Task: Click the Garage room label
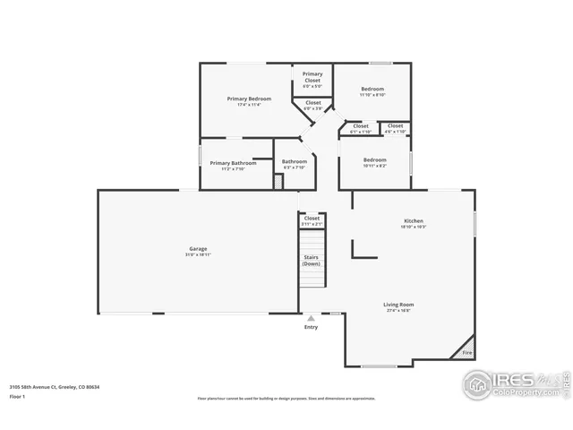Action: click(x=198, y=248)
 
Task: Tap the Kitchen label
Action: click(x=413, y=220)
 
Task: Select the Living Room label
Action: click(x=400, y=304)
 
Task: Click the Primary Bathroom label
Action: click(x=232, y=163)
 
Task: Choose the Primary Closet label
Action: click(x=312, y=77)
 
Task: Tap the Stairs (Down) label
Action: click(x=312, y=261)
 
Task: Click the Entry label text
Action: click(x=311, y=327)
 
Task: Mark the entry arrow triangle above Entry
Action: click(x=311, y=318)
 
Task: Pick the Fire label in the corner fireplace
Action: click(x=466, y=353)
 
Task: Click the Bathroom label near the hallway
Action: click(x=295, y=161)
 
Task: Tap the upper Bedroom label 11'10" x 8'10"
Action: click(x=372, y=89)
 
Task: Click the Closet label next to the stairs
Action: click(x=312, y=218)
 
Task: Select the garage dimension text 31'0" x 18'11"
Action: click(x=198, y=254)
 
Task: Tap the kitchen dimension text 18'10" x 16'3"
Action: click(x=413, y=227)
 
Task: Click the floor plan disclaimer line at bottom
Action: click(x=286, y=398)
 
